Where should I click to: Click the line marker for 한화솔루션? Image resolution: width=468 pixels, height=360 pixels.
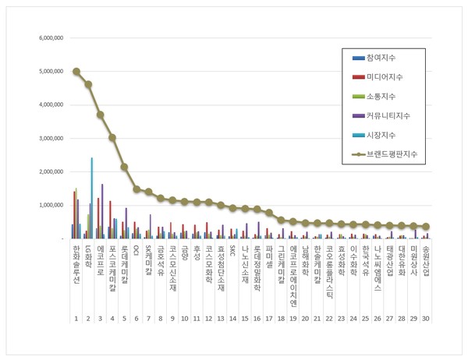tap(76, 71)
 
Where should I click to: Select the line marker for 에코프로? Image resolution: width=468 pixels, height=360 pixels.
tap(100, 115)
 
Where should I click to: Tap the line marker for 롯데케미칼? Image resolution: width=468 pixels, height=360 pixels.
tap(124, 167)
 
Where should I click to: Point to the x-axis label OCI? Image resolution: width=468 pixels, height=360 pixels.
tap(136, 250)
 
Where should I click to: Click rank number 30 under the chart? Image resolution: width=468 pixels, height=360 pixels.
tap(425, 319)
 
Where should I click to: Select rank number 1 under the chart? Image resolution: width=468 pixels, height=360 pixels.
tap(76, 319)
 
